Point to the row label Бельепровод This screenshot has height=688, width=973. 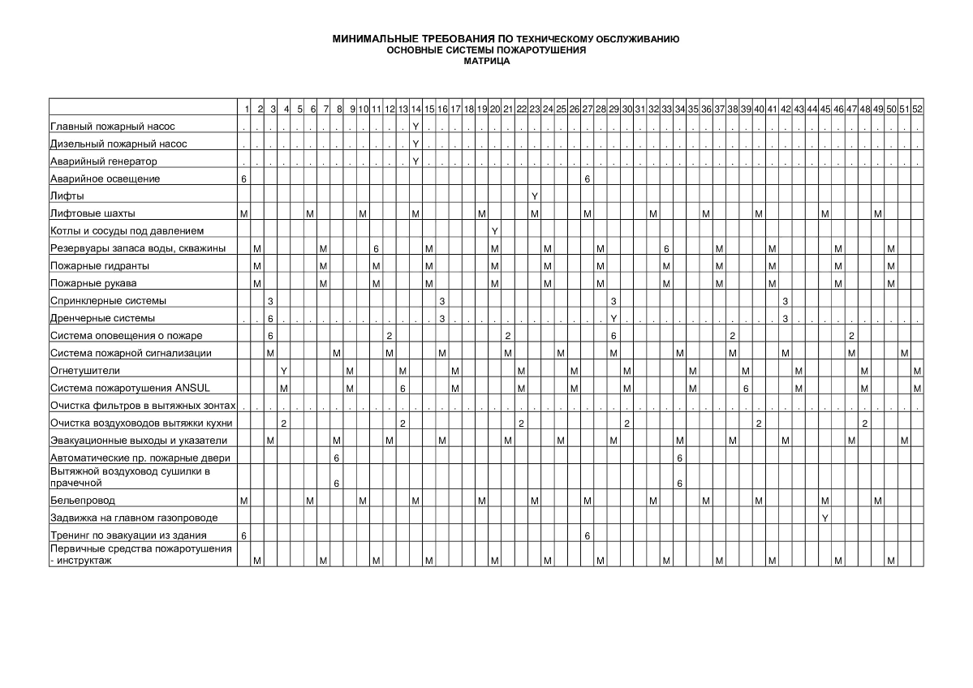(83, 501)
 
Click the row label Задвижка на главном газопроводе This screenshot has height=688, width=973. (134, 518)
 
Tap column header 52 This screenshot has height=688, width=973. (917, 109)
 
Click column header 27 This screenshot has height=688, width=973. (587, 109)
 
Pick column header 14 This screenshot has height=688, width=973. (415, 109)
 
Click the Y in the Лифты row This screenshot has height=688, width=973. (534, 196)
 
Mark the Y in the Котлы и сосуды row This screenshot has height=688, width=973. (494, 231)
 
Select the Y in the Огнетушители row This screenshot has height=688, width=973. (283, 371)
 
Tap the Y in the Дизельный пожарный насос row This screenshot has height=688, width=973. (415, 144)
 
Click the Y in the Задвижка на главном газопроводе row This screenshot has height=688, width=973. (824, 518)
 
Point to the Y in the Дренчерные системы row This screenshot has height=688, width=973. (614, 318)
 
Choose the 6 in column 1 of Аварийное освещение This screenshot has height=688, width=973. (243, 178)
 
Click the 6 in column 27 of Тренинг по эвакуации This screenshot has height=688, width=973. (587, 535)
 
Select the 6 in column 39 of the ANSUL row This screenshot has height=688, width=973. (746, 388)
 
